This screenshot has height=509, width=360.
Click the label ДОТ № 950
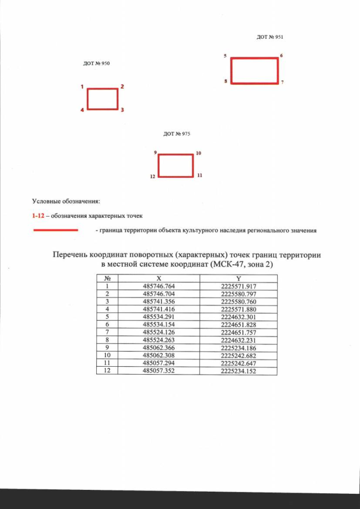tap(96, 64)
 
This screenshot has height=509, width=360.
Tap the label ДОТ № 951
tap(269, 37)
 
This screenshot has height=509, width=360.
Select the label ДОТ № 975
tap(176, 134)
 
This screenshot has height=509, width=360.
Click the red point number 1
tap(82, 87)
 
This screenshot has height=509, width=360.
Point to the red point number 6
tap(281, 56)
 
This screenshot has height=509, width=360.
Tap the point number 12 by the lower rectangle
tap(152, 177)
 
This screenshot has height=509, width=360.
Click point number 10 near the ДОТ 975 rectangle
tap(199, 153)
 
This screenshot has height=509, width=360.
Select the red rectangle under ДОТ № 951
tap(255, 70)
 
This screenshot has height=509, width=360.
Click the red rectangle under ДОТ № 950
tap(102, 98)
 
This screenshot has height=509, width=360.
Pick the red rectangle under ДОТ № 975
tap(175, 165)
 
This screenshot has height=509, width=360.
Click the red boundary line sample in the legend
tap(55, 230)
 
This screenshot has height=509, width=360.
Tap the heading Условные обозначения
tap(66, 201)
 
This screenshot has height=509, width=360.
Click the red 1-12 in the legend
tap(37, 215)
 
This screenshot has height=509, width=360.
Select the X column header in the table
tap(159, 278)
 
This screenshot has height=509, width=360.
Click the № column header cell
tap(107, 278)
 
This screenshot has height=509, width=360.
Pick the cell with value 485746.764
tap(159, 286)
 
